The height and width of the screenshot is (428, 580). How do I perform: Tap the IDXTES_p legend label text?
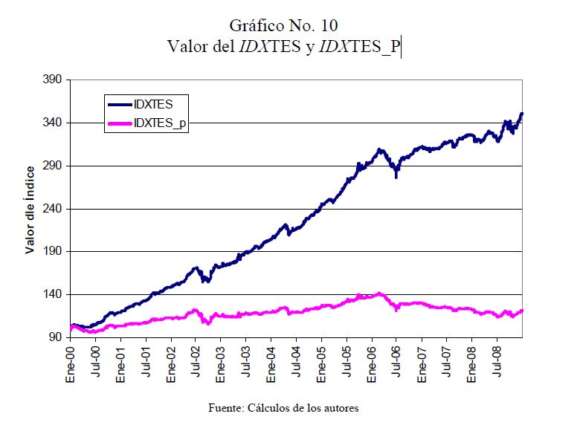click(x=161, y=124)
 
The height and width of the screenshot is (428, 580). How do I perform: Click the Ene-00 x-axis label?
click(x=71, y=363)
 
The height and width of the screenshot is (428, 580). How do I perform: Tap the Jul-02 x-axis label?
click(x=196, y=363)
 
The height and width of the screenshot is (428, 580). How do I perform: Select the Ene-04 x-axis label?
click(x=271, y=363)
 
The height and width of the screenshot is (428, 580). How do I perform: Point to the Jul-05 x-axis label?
click(x=347, y=363)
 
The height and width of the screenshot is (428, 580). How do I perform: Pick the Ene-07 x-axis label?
click(x=422, y=363)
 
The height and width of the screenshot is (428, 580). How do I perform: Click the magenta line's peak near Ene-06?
click(x=379, y=294)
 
